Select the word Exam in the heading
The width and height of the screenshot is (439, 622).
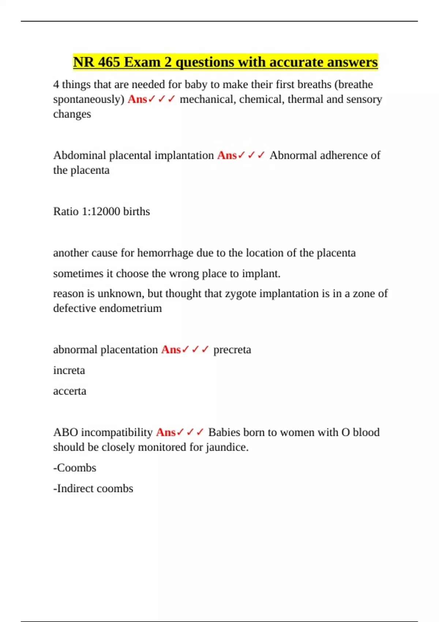(142, 62)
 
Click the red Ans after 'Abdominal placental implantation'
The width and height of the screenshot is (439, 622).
(227, 155)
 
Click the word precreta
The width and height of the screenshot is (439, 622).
(232, 350)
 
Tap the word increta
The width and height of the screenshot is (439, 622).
(69, 370)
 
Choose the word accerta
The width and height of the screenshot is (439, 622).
(70, 391)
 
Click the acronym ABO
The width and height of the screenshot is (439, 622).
(65, 432)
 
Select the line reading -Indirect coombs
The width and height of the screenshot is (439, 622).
(93, 488)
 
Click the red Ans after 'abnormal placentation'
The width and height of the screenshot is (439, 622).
(171, 350)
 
